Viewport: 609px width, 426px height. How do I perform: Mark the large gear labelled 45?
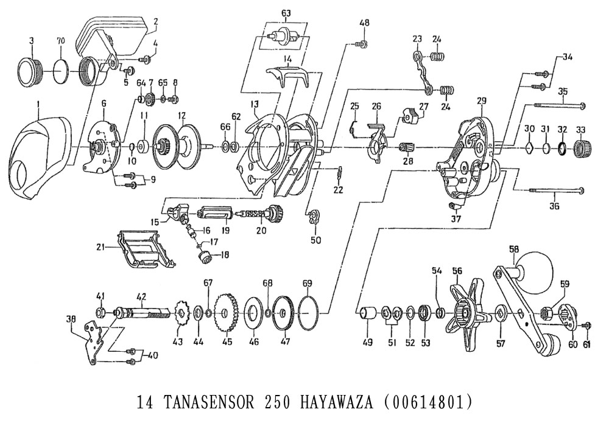pyautogui.click(x=227, y=314)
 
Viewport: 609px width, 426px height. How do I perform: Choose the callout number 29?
pyautogui.click(x=482, y=99)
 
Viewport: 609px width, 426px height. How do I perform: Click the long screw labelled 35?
pyautogui.click(x=560, y=106)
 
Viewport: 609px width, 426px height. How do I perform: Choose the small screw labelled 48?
pyautogui.click(x=362, y=43)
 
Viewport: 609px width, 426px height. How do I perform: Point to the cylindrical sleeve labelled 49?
pyautogui.click(x=367, y=314)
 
